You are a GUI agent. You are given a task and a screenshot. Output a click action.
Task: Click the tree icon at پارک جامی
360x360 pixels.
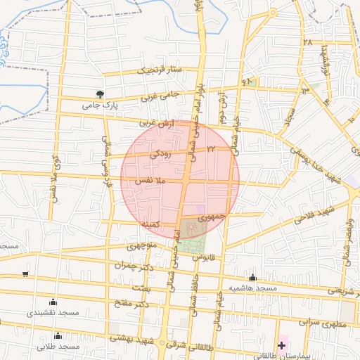tap(100, 94)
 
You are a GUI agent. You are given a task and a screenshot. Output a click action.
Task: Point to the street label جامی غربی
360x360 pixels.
tap(161, 95)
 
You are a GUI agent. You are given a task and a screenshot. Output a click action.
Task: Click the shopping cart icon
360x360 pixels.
tap(25, 274)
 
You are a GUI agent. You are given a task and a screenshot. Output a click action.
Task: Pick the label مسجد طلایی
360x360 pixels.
tap(56, 347)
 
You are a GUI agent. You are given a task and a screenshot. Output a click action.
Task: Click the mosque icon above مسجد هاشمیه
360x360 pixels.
tap(252, 278)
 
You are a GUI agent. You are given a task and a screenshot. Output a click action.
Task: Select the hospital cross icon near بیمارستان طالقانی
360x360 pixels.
tap(282, 345)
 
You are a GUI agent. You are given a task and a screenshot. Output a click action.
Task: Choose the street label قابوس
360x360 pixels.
tap(202, 258)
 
